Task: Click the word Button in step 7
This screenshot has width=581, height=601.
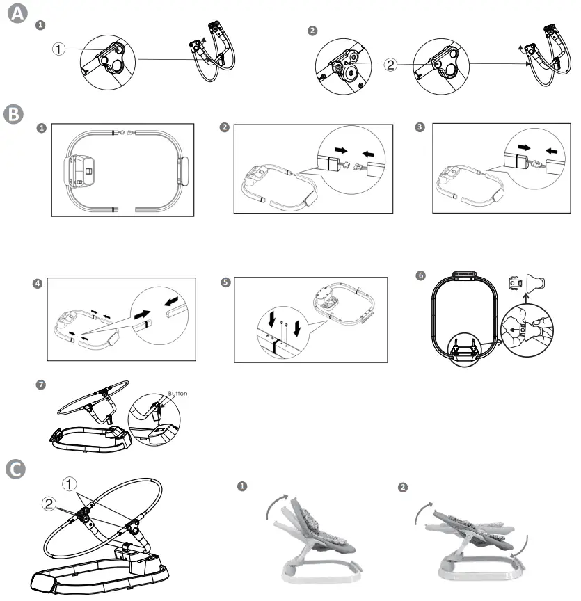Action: click(177, 393)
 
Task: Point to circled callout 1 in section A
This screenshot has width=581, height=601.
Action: click(60, 49)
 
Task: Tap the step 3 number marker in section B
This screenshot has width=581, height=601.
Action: click(419, 127)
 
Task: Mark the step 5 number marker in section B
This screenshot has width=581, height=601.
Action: click(224, 283)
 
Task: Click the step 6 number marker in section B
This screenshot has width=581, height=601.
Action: click(420, 275)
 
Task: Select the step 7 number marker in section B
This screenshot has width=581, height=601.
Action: click(41, 384)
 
